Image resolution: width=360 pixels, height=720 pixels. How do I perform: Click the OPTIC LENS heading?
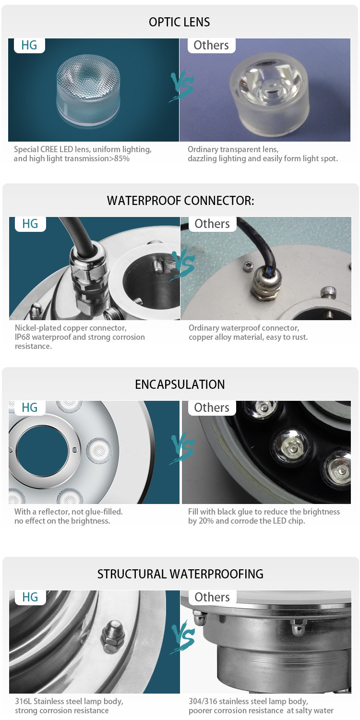point(179,22)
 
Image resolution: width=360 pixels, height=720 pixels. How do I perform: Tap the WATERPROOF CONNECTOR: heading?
point(180,201)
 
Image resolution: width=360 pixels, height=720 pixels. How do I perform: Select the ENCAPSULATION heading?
point(180,384)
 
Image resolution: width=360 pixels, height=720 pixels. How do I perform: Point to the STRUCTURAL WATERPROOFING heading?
point(180,574)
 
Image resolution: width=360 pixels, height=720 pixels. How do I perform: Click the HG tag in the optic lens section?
point(29,45)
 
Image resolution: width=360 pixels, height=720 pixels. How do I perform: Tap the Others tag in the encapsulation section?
point(212,408)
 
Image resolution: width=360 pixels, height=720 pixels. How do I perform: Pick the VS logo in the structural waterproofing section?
point(183,638)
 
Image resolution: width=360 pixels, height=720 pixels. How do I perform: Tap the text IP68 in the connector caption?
point(22,337)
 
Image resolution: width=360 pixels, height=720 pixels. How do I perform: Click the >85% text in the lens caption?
point(120,158)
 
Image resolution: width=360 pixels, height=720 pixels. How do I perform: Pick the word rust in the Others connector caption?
point(300,337)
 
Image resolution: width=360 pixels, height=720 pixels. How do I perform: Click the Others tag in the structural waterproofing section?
point(212,597)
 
